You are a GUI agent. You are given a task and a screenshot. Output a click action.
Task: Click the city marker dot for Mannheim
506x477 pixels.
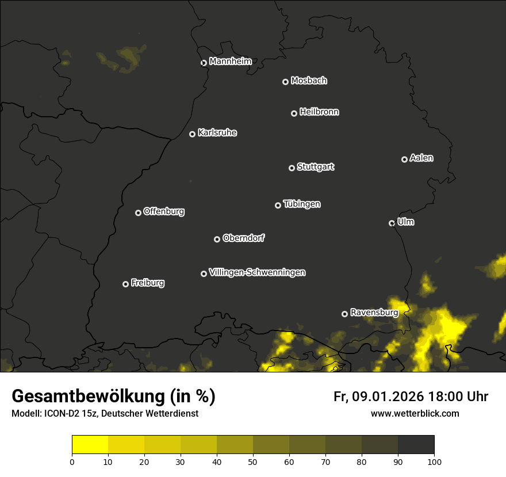204,63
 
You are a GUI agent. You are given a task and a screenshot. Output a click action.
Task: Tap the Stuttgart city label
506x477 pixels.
315,167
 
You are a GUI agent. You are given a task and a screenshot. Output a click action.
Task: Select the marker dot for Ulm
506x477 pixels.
392,223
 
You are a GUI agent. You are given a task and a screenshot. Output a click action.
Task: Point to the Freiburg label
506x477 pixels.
147,283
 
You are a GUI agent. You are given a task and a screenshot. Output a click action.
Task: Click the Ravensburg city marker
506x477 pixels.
344,314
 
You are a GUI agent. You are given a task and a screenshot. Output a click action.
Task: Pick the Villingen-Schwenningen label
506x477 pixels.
257,272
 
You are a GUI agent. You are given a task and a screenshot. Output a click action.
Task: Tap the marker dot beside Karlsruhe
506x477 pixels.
192,134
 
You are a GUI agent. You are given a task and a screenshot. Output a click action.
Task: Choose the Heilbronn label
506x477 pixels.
319,112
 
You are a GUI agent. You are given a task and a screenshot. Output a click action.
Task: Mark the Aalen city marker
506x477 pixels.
404,159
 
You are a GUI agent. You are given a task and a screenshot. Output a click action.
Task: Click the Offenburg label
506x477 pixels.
164,211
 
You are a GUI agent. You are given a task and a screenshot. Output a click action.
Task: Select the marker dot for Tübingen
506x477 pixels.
278,205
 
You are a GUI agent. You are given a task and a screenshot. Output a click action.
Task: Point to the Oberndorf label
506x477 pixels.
243,238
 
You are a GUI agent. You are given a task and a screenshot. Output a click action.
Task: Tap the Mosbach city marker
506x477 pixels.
285,82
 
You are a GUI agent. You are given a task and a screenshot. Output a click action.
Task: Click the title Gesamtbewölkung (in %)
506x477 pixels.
113,397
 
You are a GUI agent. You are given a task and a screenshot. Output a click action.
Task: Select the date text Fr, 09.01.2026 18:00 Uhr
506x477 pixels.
411,397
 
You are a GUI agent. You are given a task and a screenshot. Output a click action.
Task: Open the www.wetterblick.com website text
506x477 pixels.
415,414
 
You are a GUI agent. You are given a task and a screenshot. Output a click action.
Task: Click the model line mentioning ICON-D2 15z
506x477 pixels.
105,414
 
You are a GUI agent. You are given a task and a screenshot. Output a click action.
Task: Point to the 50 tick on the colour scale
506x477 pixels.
253,461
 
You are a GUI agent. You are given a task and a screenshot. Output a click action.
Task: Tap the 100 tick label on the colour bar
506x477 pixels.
434,461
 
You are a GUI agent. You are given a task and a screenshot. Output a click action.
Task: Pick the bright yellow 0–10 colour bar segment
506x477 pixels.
90,444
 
